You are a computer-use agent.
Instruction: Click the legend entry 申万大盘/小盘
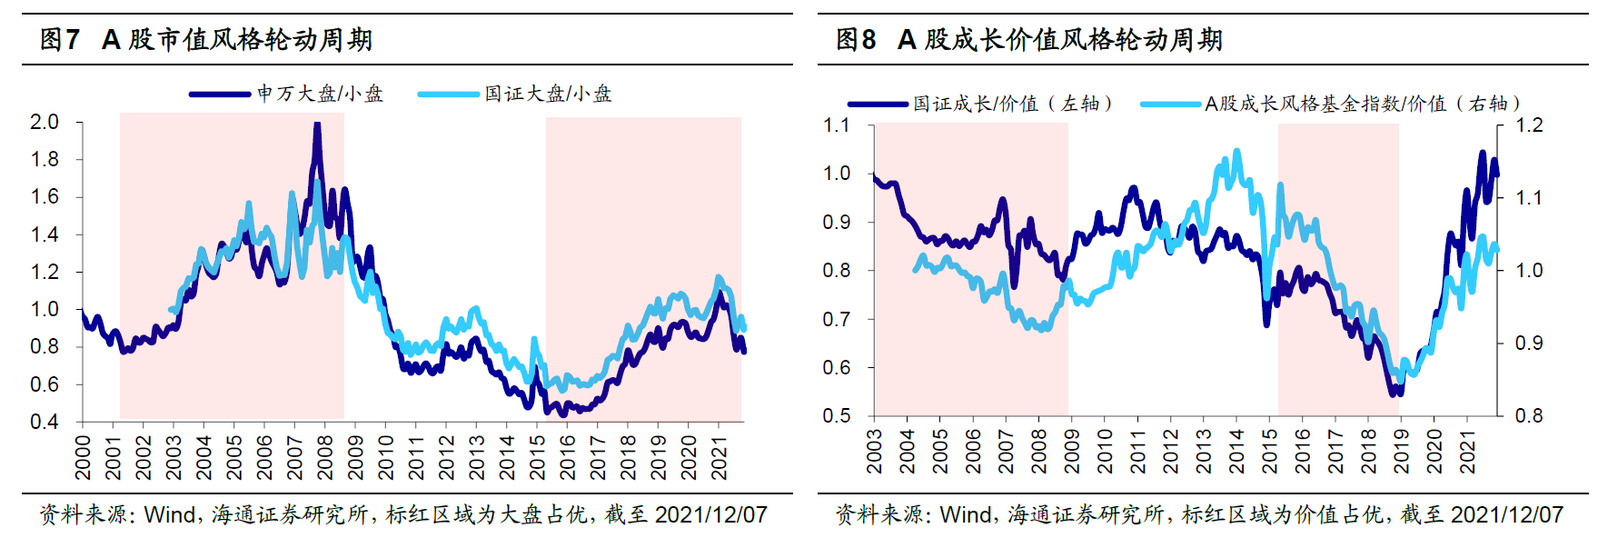[x=319, y=94]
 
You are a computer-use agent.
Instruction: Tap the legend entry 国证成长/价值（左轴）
[x=1012, y=104]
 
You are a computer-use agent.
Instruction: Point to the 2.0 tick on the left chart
[x=45, y=122]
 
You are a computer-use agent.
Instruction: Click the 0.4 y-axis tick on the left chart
[x=45, y=422]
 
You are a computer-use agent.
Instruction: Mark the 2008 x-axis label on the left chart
[x=325, y=457]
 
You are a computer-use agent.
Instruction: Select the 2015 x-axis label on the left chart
[x=538, y=457]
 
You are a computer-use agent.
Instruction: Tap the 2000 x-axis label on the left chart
[x=83, y=457]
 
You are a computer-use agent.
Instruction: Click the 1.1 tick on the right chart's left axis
[x=837, y=125]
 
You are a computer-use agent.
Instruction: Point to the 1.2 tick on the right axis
[x=1530, y=125]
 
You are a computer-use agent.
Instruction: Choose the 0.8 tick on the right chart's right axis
[x=1530, y=416]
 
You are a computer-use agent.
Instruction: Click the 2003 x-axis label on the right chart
[x=875, y=452]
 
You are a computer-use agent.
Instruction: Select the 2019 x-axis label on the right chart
[x=1402, y=452]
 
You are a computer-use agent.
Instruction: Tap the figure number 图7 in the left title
[x=60, y=40]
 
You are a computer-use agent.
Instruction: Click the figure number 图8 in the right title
[x=856, y=40]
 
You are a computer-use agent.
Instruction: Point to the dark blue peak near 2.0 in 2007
[x=317, y=125]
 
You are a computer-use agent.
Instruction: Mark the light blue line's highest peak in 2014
[x=1236, y=152]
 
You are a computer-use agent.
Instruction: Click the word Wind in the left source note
[x=170, y=515]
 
